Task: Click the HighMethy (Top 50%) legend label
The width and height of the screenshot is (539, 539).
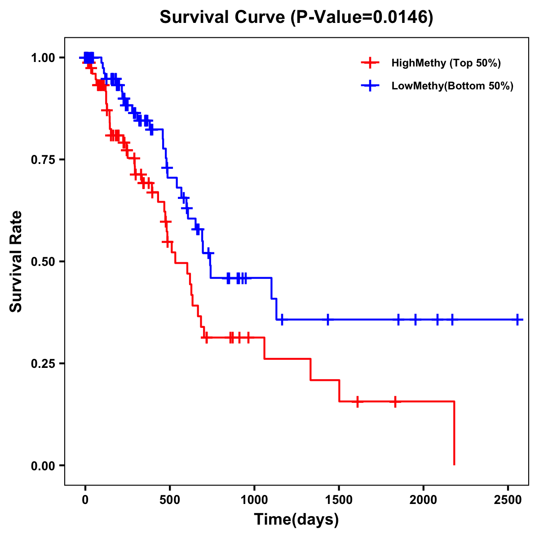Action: [x=446, y=63]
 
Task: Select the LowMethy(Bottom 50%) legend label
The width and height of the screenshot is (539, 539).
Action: [x=452, y=86]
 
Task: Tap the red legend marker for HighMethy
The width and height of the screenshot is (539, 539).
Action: [x=369, y=63]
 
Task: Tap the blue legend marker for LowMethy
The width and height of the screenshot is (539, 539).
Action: [x=369, y=86]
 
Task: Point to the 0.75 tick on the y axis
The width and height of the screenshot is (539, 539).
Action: [x=43, y=159]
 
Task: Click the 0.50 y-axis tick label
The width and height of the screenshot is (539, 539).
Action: [x=43, y=261]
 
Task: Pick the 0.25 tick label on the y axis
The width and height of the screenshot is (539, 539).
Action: [x=43, y=363]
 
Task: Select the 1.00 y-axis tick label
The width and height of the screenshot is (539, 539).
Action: [x=43, y=57]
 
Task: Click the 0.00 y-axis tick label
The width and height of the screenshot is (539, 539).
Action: [x=43, y=465]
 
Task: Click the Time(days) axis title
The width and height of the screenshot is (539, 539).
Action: [x=296, y=520]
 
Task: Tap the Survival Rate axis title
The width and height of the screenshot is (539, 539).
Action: [x=16, y=261]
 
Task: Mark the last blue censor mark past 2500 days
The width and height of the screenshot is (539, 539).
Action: [x=517, y=320]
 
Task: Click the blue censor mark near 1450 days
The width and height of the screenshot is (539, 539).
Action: [x=327, y=320]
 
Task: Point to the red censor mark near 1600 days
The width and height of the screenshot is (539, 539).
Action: [x=358, y=401]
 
